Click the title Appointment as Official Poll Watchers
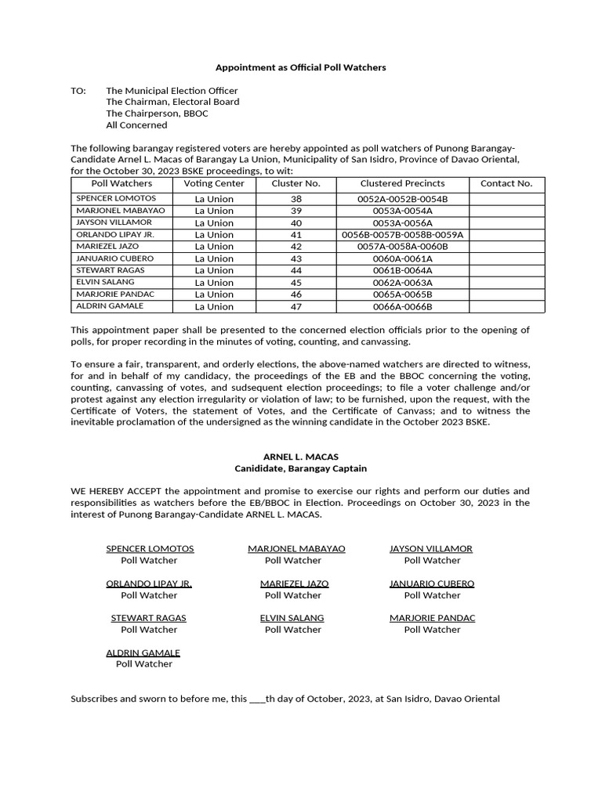click(301, 67)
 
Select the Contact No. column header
click(506, 183)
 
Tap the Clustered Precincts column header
click(402, 183)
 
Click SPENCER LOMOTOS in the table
click(116, 198)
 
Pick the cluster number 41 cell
click(296, 234)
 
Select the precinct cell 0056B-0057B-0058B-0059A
click(402, 234)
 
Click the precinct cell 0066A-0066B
click(402, 306)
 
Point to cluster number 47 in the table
click(296, 306)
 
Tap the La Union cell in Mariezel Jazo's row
click(214, 246)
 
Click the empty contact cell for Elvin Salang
click(506, 282)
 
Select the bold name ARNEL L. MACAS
click(301, 457)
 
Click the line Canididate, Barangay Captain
click(301, 468)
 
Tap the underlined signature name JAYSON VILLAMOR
click(431, 548)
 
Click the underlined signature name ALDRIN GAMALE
click(143, 652)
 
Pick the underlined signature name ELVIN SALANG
click(292, 618)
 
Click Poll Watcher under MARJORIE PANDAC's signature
click(432, 630)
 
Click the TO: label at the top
click(78, 91)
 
